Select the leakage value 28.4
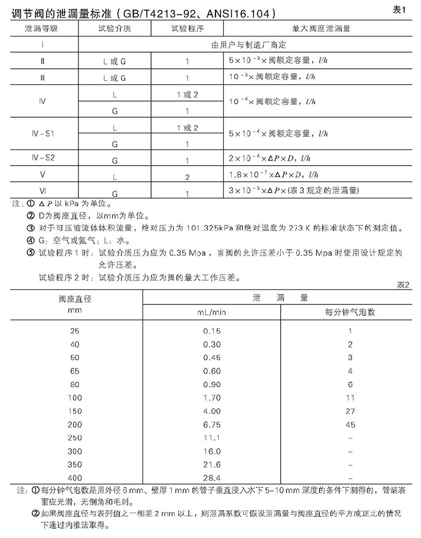point(212,478)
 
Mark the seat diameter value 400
point(75,478)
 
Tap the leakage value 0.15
point(212,330)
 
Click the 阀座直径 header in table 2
point(75,299)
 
